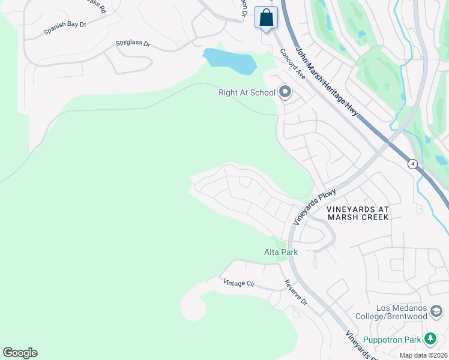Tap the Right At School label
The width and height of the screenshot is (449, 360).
point(247,92)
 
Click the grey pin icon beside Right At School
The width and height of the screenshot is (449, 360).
point(285,92)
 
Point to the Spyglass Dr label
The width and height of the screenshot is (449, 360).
point(133,44)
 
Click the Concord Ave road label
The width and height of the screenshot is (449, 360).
point(293,64)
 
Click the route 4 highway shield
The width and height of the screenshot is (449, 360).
point(412,163)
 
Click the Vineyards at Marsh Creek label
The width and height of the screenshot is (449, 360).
point(358,213)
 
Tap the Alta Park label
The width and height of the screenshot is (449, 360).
point(281,252)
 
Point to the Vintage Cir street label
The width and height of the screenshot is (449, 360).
point(239,284)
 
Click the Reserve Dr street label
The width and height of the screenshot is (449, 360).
point(296,293)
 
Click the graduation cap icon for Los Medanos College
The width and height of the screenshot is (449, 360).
point(436,313)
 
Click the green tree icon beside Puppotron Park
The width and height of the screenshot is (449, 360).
point(430,340)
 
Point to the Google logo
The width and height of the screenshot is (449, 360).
point(20,353)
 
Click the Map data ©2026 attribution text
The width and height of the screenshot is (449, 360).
point(423,355)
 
